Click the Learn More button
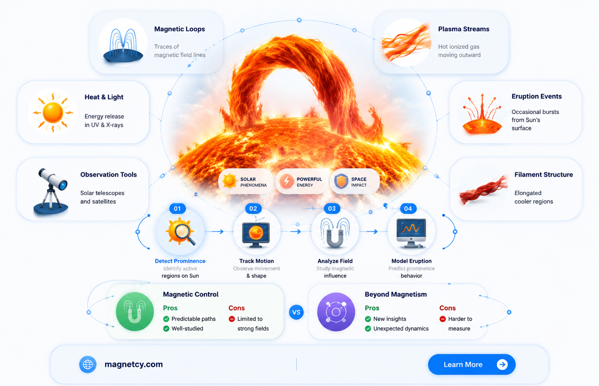coord(471,364)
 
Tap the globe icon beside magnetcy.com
coord(88,364)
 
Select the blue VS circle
coord(296,312)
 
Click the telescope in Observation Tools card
coord(51,191)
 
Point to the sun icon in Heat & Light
coord(53,113)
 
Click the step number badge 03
coord(332,208)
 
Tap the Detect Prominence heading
coord(180,261)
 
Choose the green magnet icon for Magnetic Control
coord(135,312)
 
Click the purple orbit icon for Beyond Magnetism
coord(336,312)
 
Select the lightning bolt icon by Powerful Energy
coord(287,181)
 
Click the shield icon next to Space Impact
coord(341,181)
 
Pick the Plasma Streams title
coord(464,29)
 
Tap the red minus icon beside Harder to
coord(443,319)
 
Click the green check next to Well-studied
coord(166,328)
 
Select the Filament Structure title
coord(544,175)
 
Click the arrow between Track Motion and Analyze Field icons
coord(295,231)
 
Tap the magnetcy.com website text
coord(134,364)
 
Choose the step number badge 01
coord(177,208)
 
